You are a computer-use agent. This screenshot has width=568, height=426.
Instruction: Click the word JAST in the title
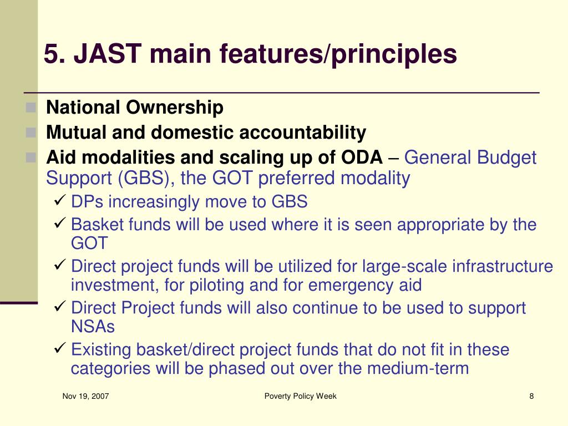tap(108, 54)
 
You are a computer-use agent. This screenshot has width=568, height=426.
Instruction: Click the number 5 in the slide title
tap(51, 54)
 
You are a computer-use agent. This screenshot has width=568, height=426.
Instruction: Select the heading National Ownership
tap(135, 108)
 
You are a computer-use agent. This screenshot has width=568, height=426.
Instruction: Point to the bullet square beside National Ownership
tap(31, 108)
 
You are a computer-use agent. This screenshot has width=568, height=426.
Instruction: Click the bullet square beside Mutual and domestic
tap(31, 133)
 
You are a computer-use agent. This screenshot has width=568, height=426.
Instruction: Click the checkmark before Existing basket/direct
tap(59, 348)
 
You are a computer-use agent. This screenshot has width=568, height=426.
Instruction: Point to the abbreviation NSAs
tap(93, 326)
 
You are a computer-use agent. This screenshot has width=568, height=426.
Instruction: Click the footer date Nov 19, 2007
tap(85, 396)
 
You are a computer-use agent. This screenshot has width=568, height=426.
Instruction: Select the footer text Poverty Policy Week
tap(300, 396)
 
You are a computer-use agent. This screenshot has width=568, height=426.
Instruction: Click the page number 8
tap(531, 396)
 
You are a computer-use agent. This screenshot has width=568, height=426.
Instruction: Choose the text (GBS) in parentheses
tap(144, 179)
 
